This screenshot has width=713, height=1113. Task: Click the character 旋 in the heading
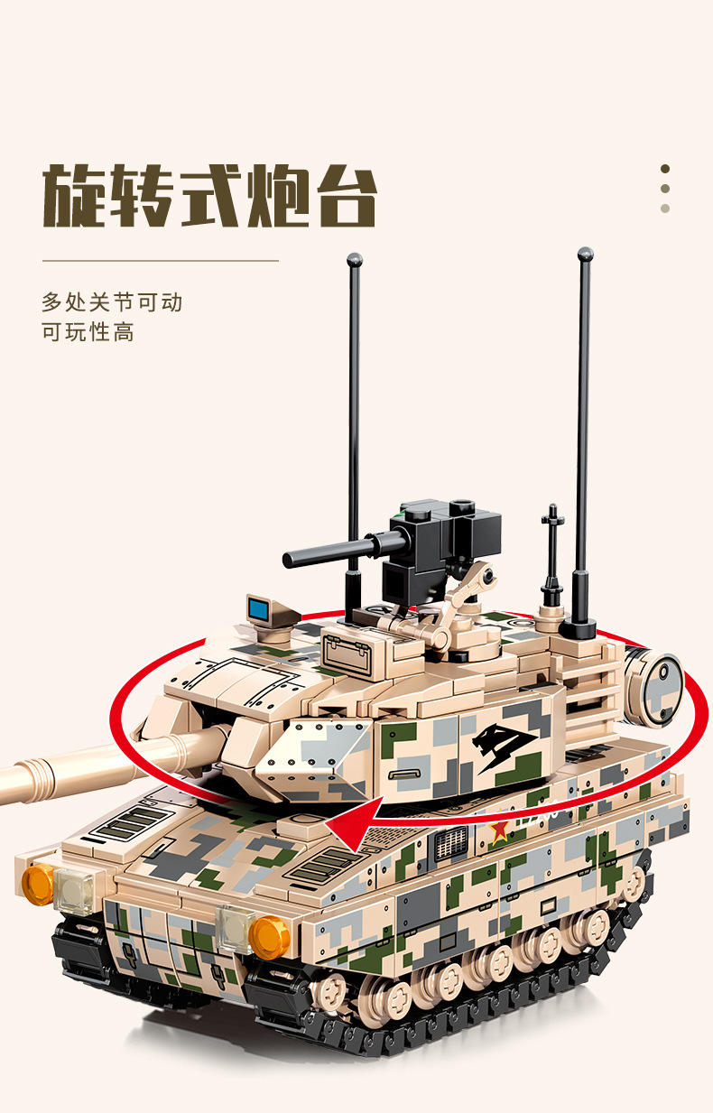coord(75,195)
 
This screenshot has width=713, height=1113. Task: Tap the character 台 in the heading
coord(347,196)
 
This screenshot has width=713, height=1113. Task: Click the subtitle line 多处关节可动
coord(112,302)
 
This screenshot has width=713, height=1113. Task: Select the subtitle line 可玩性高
coord(88,332)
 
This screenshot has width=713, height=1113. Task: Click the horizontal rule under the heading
coord(161,260)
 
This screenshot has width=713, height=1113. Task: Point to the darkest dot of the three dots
coord(665,169)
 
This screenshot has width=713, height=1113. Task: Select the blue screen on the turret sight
coord(258,608)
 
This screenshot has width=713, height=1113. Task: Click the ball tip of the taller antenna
coord(586,255)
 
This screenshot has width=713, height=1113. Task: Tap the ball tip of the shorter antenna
coord(355,260)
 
